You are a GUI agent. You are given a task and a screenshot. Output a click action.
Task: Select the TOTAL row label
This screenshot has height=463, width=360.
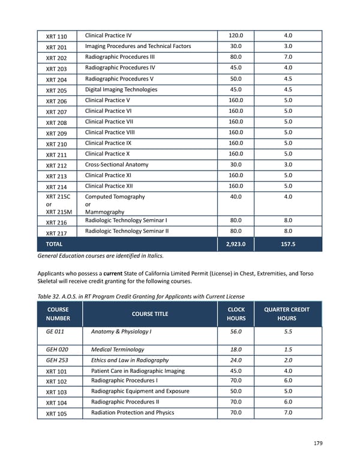click(54, 244)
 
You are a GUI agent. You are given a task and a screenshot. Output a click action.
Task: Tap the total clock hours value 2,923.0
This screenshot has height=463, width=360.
click(236, 244)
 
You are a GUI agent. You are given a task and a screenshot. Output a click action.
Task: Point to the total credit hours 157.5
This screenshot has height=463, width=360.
click(287, 244)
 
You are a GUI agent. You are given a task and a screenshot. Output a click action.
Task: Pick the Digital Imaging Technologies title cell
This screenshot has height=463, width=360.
click(121, 89)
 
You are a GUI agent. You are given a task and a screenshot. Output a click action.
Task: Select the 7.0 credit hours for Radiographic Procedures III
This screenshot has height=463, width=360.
click(287, 57)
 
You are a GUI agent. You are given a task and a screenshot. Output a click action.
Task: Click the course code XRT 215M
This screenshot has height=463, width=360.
click(59, 212)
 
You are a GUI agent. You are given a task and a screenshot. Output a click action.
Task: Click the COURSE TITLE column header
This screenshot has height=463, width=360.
click(149, 313)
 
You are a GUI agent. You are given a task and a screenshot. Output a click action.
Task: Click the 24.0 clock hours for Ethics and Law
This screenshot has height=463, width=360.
click(236, 360)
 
